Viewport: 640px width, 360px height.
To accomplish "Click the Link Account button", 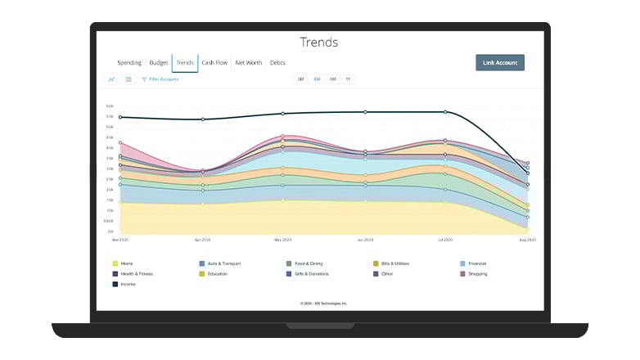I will click(499, 63).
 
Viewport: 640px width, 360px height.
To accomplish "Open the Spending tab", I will click(129, 63).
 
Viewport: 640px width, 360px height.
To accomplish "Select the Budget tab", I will click(158, 63).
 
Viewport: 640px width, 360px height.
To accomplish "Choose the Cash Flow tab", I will click(214, 63).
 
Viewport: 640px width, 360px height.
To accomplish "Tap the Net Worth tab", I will click(248, 63).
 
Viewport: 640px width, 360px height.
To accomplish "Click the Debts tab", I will click(277, 63).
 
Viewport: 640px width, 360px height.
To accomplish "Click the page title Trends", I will click(318, 43).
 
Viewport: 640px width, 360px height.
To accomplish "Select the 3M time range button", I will click(300, 79).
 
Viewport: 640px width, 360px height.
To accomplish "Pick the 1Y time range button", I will click(348, 79).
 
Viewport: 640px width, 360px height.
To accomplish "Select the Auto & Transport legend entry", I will click(223, 263).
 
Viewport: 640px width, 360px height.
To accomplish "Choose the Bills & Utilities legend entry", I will click(394, 263).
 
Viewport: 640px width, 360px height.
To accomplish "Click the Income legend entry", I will click(127, 283).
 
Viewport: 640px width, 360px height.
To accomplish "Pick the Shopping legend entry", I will click(478, 273).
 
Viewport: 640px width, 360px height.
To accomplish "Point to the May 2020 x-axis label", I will click(282, 241).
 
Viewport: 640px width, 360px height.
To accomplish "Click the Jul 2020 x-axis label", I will click(445, 241).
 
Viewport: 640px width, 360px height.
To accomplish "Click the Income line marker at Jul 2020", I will click(445, 112).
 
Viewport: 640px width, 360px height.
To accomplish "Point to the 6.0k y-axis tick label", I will click(109, 106).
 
